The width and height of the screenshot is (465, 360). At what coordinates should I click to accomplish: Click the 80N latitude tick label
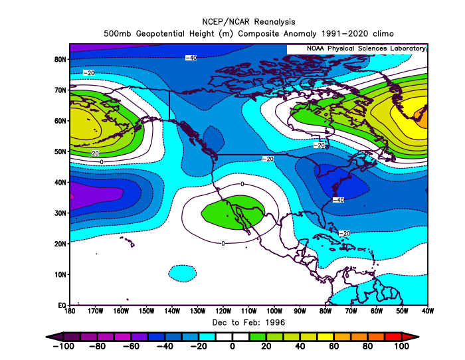click(60, 59)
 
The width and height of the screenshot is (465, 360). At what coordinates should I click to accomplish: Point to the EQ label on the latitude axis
click(62, 306)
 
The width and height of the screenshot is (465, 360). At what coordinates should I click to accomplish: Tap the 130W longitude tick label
click(197, 311)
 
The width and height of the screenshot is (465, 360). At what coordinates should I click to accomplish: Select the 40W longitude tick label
click(428, 311)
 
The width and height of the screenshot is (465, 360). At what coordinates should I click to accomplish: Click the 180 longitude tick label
click(70, 311)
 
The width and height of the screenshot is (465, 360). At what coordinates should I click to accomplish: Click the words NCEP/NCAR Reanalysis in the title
click(248, 22)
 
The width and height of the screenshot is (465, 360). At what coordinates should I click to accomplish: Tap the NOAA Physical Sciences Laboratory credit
click(366, 48)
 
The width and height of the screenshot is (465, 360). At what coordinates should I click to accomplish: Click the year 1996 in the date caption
click(275, 322)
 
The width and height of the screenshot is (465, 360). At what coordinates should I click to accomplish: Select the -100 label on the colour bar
click(64, 346)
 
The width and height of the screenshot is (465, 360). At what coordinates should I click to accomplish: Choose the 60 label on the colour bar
click(334, 346)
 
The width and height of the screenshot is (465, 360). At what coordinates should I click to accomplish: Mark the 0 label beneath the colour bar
click(232, 346)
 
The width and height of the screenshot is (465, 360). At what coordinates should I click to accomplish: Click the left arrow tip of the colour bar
click(46, 337)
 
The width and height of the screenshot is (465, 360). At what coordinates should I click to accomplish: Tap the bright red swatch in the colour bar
click(393, 337)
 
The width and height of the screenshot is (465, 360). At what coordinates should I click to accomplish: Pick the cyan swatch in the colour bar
click(207, 337)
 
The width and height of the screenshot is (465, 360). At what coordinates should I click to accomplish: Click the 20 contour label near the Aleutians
click(95, 153)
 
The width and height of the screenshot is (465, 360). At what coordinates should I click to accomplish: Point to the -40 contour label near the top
click(191, 58)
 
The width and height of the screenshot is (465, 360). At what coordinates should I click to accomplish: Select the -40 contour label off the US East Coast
click(338, 200)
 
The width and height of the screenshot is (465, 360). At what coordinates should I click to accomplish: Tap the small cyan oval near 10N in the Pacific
click(183, 274)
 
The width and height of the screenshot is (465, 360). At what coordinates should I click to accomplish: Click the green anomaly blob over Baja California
click(232, 213)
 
